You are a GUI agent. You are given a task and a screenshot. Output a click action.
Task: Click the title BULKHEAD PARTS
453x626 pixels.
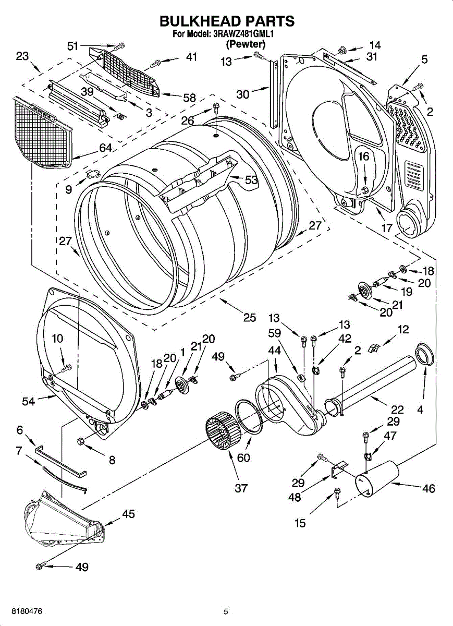point(227,21)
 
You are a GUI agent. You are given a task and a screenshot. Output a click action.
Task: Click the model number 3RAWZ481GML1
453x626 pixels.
point(243,34)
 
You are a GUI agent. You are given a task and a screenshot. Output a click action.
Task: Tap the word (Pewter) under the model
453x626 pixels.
point(245,45)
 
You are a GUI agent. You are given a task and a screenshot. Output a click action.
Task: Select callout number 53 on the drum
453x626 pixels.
point(251,180)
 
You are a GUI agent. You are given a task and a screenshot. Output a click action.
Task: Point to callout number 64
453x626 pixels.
point(105,148)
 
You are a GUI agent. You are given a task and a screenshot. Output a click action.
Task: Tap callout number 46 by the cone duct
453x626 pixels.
point(428,489)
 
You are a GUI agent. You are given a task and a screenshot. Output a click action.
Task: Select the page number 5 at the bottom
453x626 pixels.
point(226,611)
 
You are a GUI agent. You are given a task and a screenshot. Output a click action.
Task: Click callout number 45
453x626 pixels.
point(128,514)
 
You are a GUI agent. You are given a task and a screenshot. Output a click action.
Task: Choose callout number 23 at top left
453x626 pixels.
point(22,56)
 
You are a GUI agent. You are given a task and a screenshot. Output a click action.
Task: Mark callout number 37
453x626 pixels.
point(241,488)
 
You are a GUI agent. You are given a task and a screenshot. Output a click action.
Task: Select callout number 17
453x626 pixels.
point(386,227)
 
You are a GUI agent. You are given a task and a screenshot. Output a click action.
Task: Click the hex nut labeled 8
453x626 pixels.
point(82,442)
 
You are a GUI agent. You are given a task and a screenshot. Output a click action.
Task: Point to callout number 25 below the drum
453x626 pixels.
point(250,317)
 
